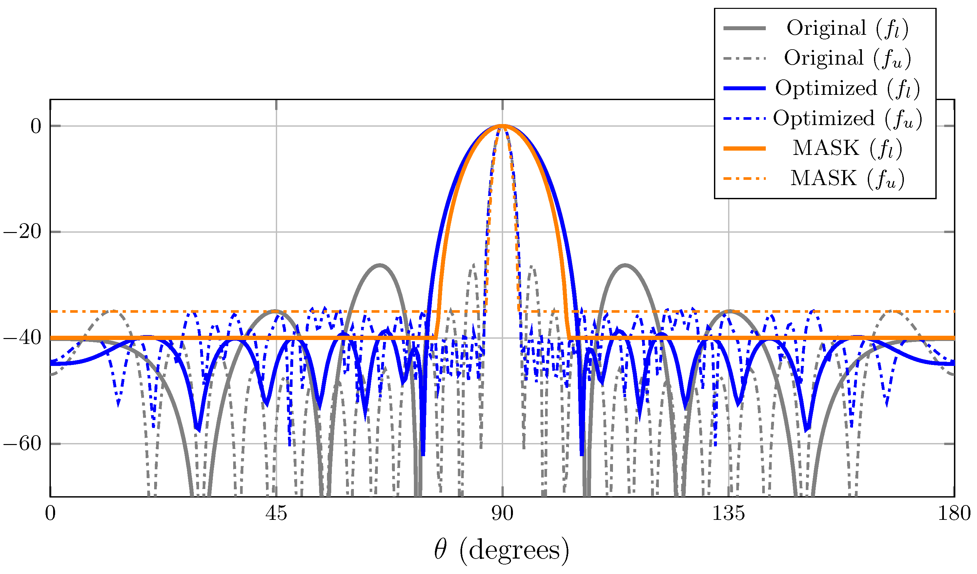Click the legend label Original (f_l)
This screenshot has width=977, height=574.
coord(847,28)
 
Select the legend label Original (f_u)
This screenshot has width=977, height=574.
coord(847,58)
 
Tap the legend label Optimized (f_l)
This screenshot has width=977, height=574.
coord(847,88)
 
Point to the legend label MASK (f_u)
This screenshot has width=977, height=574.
coord(847,179)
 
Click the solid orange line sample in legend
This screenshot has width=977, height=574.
coord(744,149)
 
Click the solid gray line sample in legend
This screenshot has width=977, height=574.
coord(744,28)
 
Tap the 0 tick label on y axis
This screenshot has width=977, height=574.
coord(36,126)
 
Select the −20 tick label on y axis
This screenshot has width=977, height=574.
coord(23,232)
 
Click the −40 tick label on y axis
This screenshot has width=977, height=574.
coord(23,338)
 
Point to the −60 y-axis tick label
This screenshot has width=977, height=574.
coord(23,444)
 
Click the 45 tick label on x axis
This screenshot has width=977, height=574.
coord(276,514)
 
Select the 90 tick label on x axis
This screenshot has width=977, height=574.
coord(502,514)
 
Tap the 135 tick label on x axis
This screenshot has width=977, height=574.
coord(728,514)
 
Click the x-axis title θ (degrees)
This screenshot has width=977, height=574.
coord(502,550)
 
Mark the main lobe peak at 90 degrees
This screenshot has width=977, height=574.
coord(502,126)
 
